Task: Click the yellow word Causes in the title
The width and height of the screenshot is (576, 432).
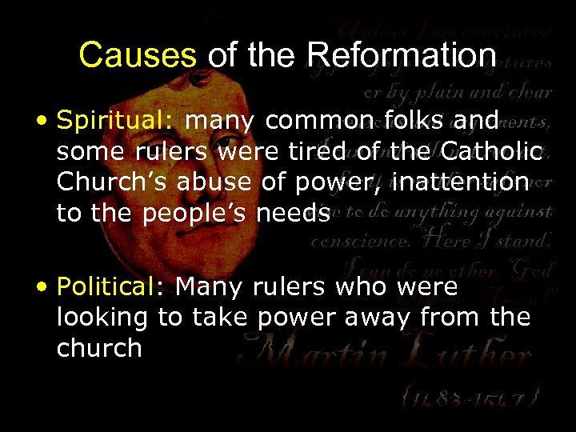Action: pyautogui.click(x=138, y=55)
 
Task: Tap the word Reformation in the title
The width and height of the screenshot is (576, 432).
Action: pyautogui.click(x=402, y=55)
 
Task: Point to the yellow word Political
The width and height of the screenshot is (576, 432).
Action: pyautogui.click(x=113, y=286)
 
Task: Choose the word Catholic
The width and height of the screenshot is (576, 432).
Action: pyautogui.click(x=492, y=152)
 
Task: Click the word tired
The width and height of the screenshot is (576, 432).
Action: pyautogui.click(x=343, y=152)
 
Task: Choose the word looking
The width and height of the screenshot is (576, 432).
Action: pyautogui.click(x=102, y=318)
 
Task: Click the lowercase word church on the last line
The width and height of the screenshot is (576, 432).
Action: pyautogui.click(x=99, y=348)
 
